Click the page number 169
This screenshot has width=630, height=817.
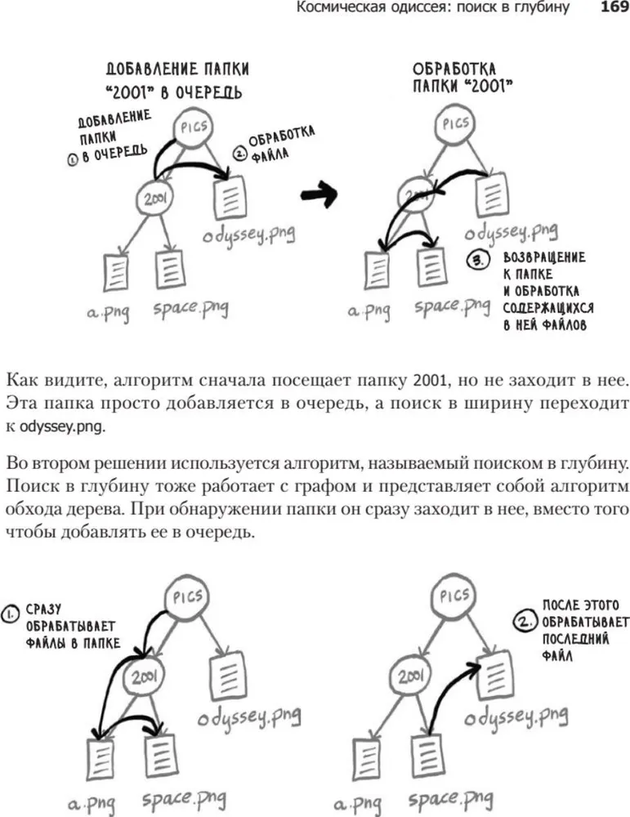tap(612, 9)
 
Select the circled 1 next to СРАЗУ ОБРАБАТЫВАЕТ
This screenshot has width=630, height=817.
tap(11, 612)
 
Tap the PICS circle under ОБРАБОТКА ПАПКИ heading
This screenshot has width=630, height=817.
tap(455, 125)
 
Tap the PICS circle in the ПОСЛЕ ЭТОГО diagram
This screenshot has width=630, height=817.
tap(455, 596)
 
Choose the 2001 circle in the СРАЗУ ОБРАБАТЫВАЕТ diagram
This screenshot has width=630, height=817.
tap(144, 676)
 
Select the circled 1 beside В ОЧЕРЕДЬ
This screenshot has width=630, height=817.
tap(73, 161)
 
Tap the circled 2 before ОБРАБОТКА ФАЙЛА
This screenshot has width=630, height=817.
tap(239, 153)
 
